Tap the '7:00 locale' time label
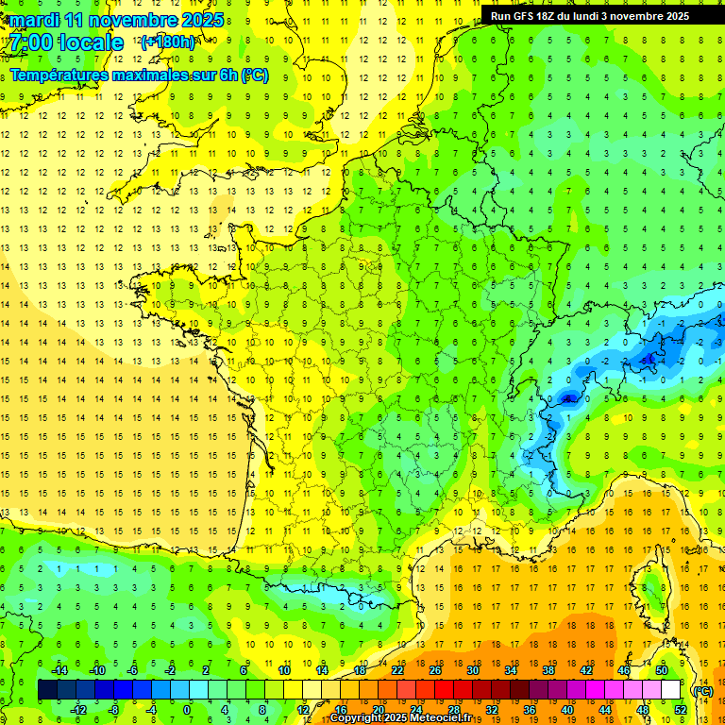click(65, 42)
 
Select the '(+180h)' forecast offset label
click(168, 42)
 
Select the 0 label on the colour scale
click(186, 710)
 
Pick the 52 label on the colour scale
click(681, 710)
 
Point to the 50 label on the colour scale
click(662, 670)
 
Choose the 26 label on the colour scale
click(435, 670)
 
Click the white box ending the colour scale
click(671, 690)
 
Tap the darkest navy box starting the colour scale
click(47, 690)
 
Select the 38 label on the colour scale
click(548, 670)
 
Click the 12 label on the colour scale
click(303, 710)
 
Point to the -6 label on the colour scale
click(133, 670)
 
